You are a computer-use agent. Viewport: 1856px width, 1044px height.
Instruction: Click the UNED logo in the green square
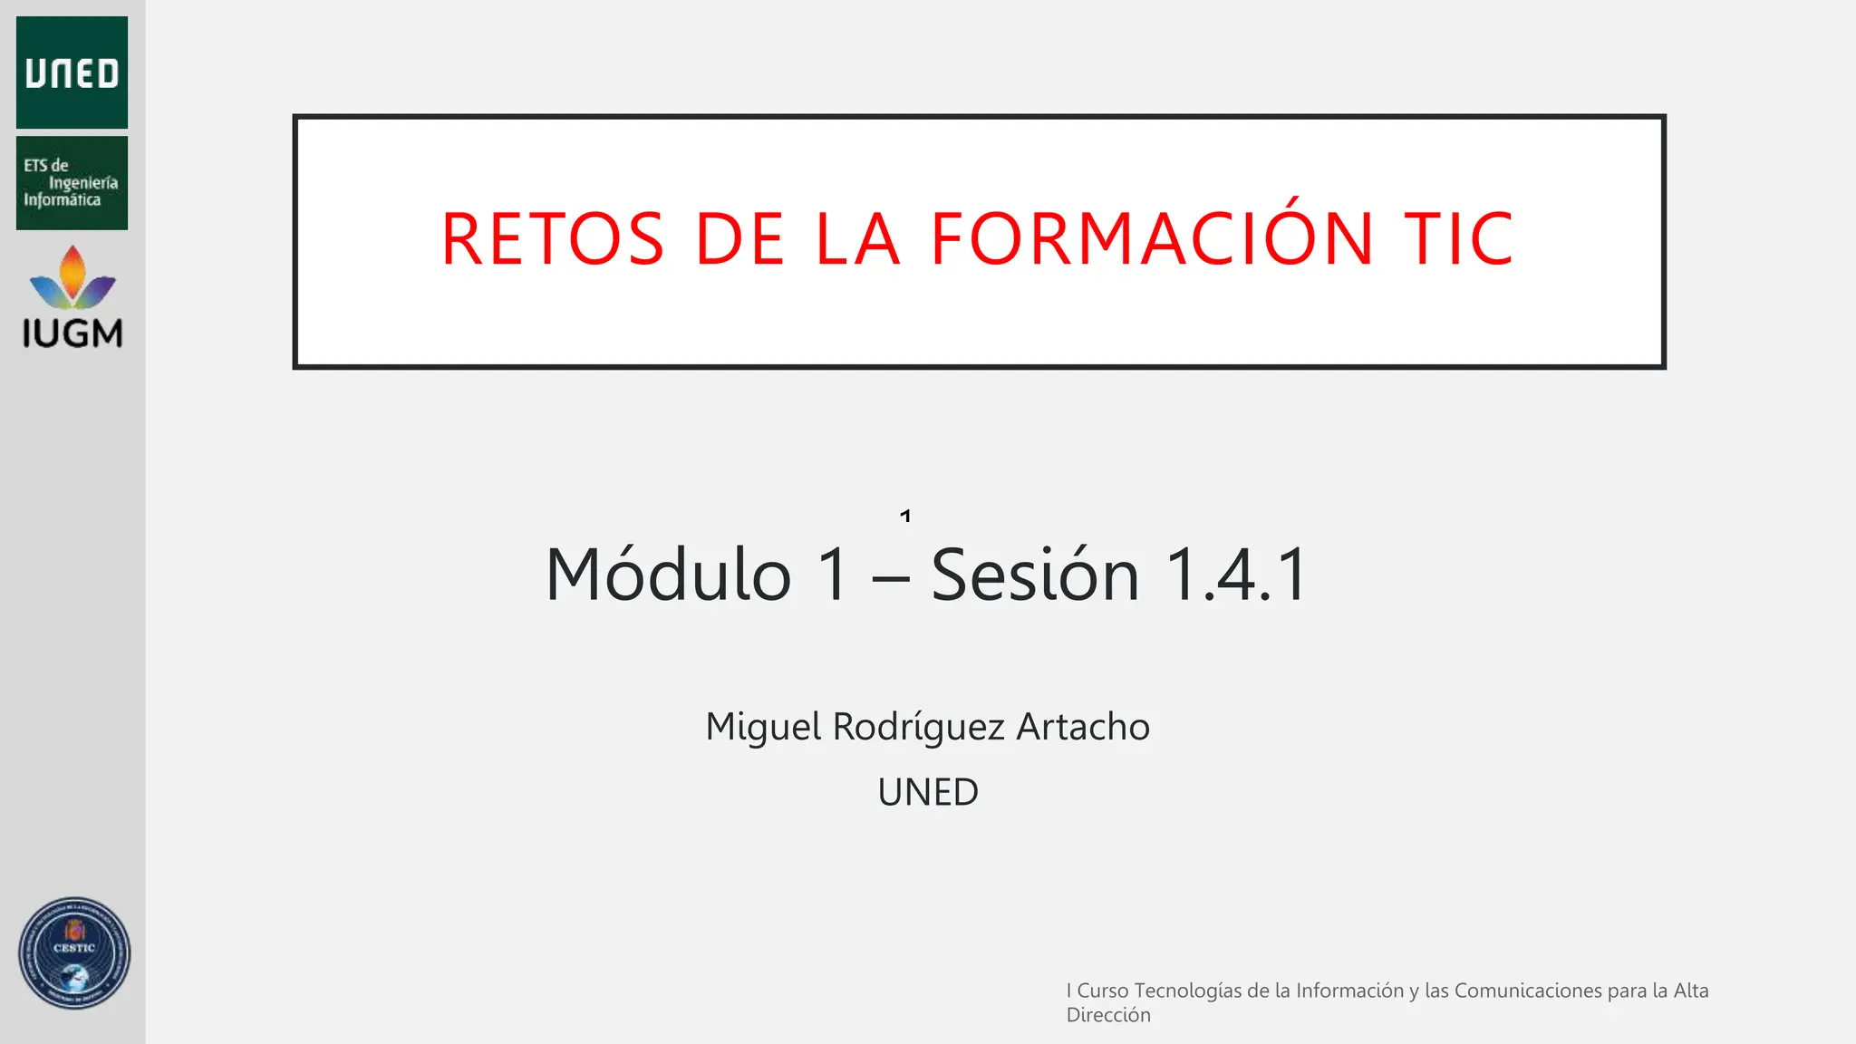coord(72,72)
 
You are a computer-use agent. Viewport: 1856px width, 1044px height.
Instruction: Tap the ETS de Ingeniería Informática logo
coord(72,183)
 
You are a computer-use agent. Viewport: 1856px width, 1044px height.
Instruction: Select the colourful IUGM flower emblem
coord(72,277)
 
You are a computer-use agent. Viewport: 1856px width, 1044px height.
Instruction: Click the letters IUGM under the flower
coord(72,333)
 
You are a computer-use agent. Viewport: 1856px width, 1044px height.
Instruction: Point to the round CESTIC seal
coord(74,953)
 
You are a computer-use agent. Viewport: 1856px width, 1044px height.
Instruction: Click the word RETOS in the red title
coord(553,239)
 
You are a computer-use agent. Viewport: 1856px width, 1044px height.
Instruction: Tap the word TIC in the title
coord(1459,239)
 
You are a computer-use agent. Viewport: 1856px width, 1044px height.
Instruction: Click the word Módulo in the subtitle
coord(669,575)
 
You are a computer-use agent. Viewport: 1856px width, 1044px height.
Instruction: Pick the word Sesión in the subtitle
coord(1035,575)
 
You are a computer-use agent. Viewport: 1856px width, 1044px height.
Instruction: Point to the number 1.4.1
coord(1236,575)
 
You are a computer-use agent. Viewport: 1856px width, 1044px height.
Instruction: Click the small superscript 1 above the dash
coord(905,517)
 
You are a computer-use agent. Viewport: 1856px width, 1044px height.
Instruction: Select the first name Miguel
coord(763,727)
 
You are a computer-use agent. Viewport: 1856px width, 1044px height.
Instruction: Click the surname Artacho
coord(1083,727)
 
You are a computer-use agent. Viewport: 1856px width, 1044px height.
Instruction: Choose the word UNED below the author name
coord(928,792)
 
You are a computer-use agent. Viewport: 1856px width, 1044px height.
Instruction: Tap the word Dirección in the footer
coord(1108,1015)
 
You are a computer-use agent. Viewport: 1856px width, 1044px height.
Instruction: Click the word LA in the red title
coord(857,239)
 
